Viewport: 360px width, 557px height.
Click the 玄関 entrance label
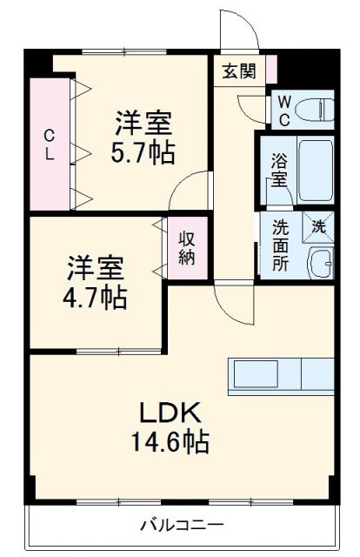238,71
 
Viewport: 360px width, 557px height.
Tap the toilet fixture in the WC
313,110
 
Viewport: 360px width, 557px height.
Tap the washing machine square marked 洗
318,227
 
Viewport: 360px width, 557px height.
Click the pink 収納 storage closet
186,247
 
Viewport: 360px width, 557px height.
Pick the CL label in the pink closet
50,144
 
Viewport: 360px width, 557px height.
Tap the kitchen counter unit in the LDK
282,374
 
